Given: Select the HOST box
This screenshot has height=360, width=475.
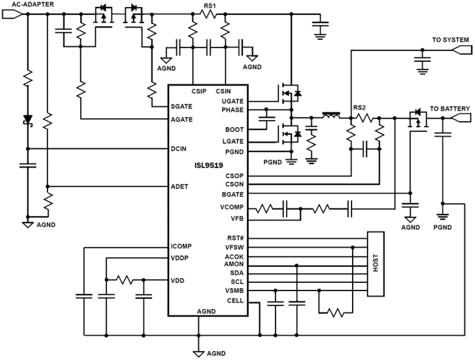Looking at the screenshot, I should click(376, 263).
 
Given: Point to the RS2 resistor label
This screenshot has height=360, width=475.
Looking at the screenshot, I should click(359, 108).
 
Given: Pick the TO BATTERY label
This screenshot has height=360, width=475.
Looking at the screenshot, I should click(450, 109).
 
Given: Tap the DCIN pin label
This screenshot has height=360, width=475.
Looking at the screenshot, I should click(178, 148).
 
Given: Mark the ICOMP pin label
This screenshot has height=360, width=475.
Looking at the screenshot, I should click(181, 246).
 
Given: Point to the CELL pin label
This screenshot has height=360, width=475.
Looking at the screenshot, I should click(236, 301).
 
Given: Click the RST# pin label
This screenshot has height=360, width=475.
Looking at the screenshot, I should click(235, 238).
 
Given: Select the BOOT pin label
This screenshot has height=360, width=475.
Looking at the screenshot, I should click(235, 129).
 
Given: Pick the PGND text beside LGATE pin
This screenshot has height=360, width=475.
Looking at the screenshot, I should click(235, 152).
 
